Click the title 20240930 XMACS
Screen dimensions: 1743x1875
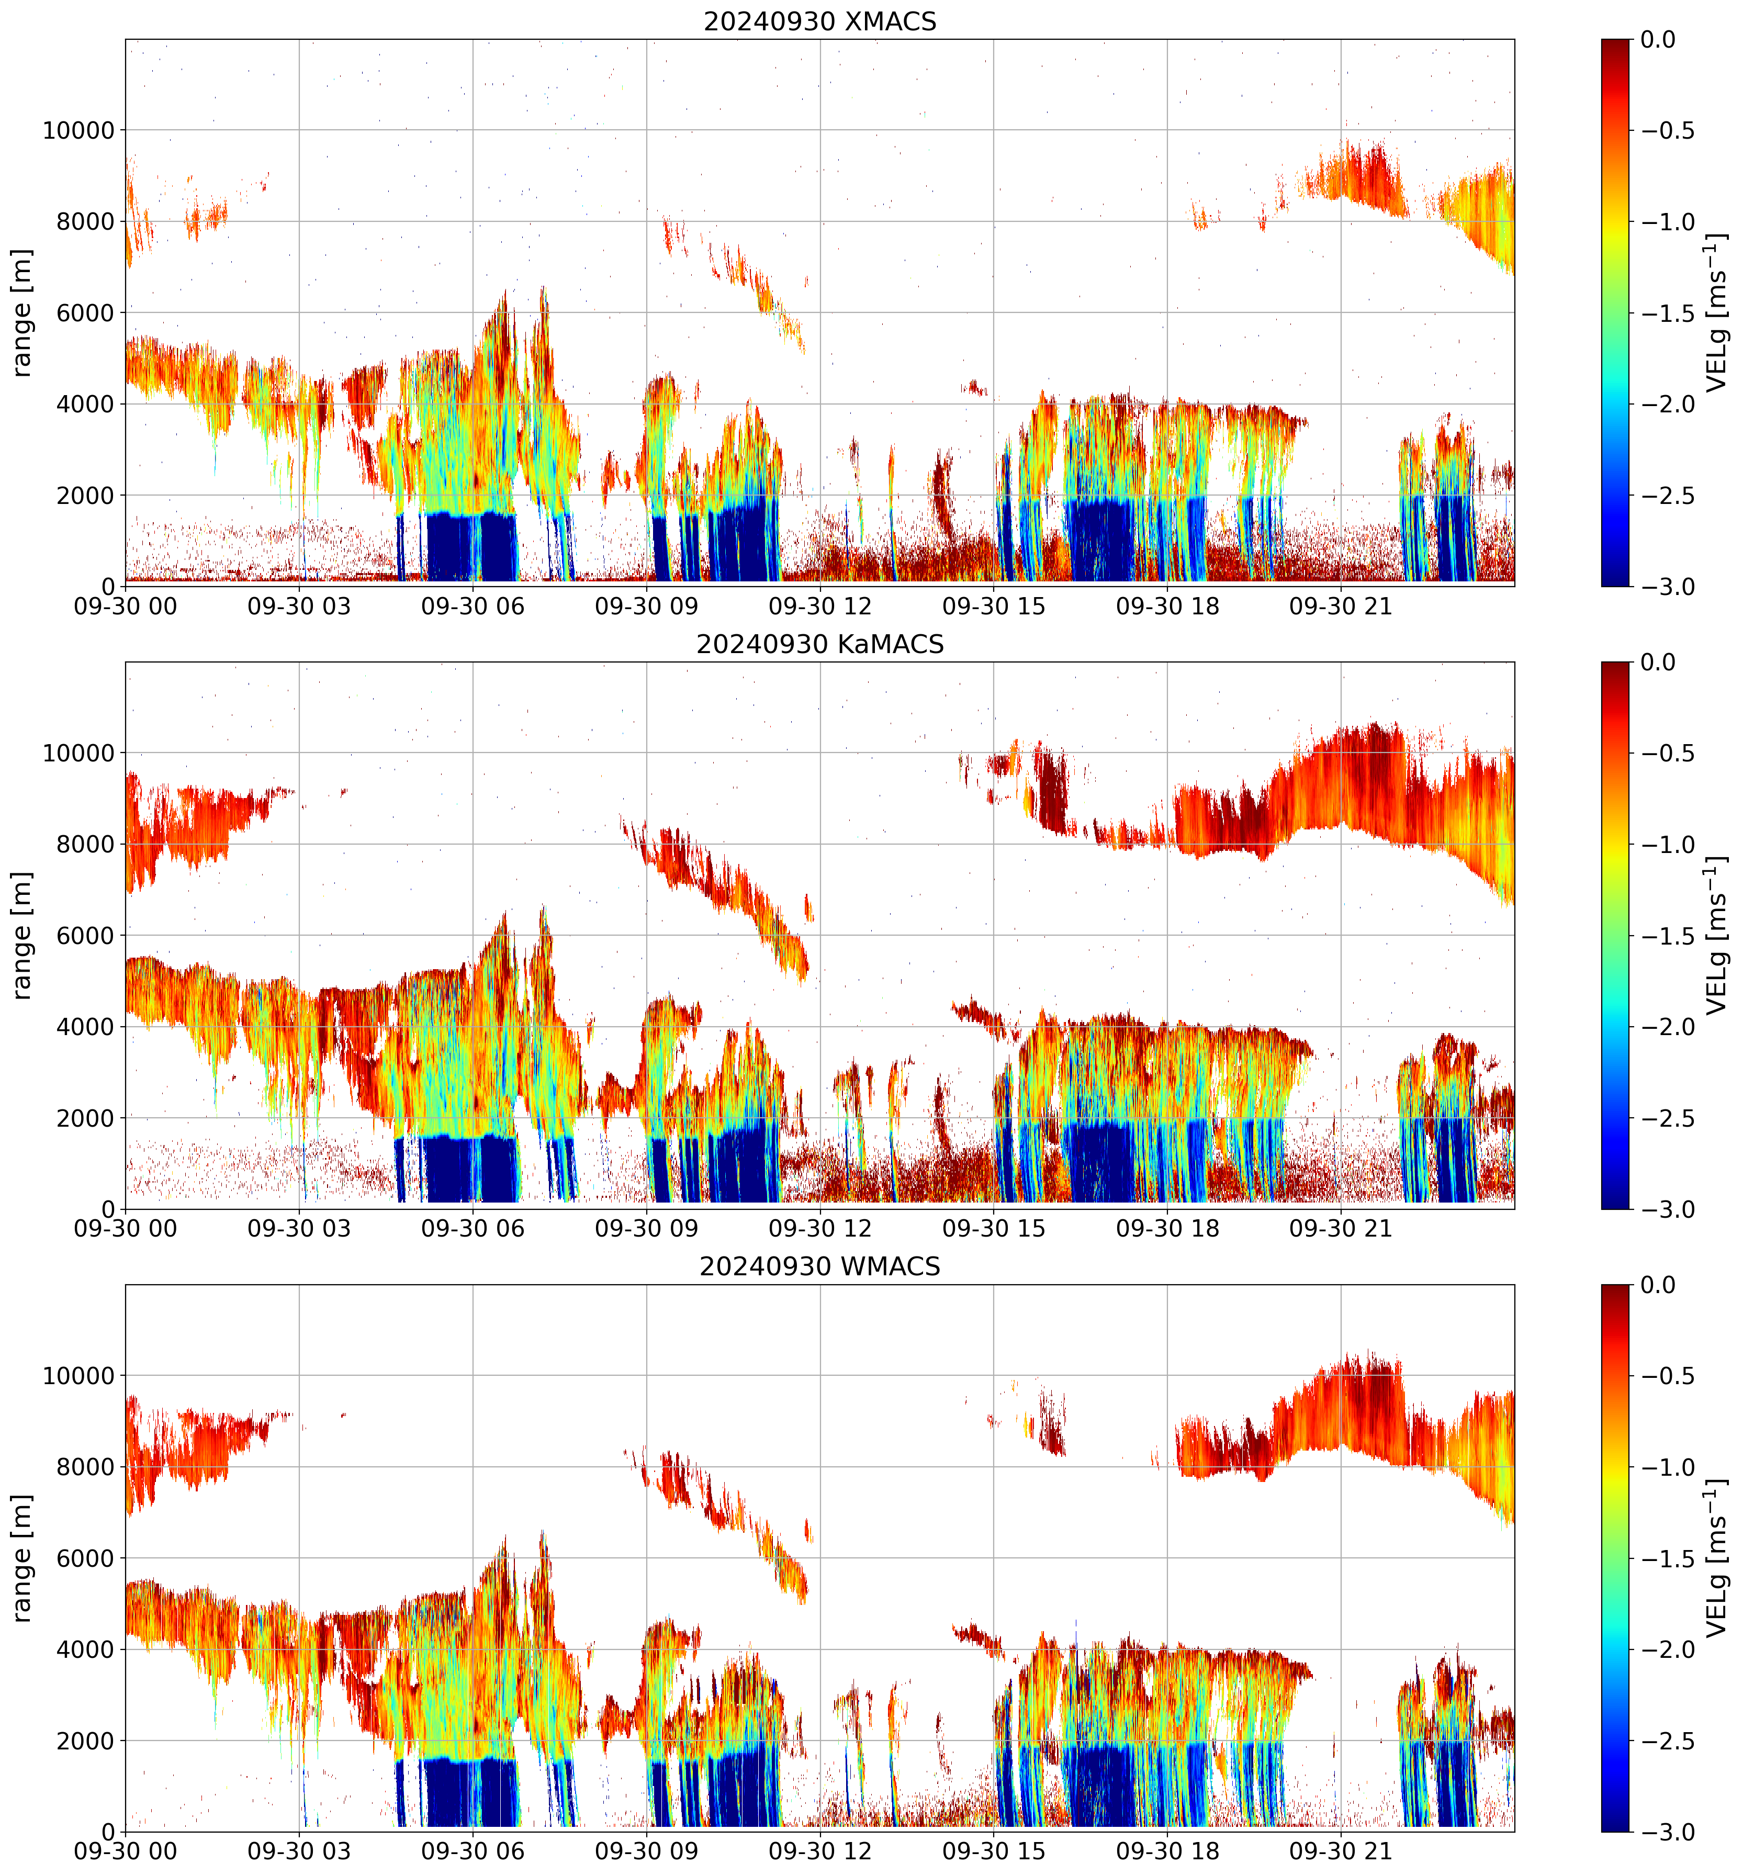click(819, 21)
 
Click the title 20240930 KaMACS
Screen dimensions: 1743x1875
click(819, 644)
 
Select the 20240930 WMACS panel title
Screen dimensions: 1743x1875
click(819, 1267)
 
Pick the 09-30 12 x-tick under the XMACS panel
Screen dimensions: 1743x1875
click(819, 607)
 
